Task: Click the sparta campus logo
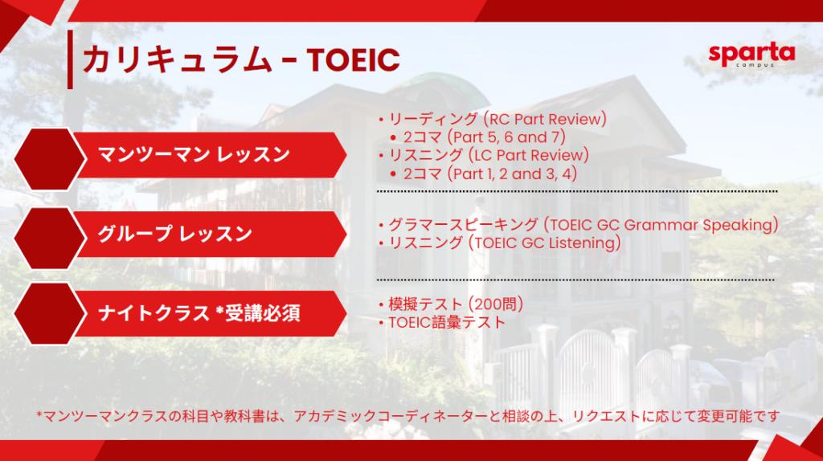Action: click(751, 55)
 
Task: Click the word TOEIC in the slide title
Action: click(354, 59)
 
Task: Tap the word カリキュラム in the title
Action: click(178, 59)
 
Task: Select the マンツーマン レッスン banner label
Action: click(194, 155)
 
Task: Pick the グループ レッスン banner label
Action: click(174, 234)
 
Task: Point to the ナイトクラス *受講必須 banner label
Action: click(199, 313)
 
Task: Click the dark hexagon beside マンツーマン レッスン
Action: click(50, 159)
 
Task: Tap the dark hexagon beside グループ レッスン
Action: click(50, 238)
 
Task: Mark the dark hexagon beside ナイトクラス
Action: click(50, 314)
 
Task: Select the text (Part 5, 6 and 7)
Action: click(506, 137)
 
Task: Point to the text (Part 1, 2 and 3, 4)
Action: click(512, 173)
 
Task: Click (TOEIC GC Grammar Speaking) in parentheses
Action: click(661, 225)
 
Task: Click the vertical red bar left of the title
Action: click(71, 59)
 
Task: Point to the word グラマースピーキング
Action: click(463, 225)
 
